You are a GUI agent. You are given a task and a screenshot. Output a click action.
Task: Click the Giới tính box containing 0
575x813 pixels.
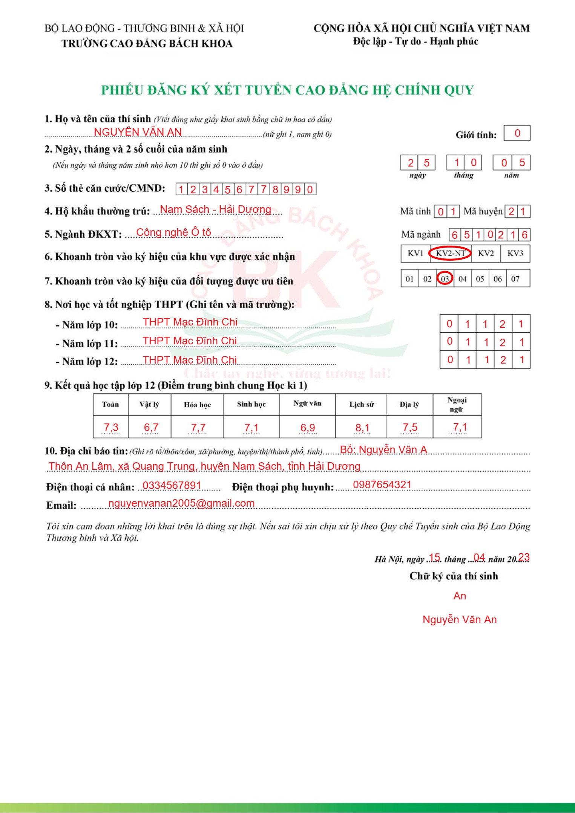(x=517, y=133)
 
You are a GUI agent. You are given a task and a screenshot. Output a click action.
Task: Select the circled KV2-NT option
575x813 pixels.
(x=450, y=253)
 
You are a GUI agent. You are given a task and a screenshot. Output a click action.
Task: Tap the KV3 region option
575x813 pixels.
(x=515, y=253)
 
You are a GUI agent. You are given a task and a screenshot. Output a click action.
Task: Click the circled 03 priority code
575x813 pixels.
(x=445, y=279)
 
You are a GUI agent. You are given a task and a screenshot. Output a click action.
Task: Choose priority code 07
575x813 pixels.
(x=515, y=279)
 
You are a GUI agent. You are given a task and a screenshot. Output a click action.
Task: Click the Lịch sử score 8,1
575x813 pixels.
(x=362, y=428)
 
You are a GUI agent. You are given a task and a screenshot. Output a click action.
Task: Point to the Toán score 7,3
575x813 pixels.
(x=111, y=428)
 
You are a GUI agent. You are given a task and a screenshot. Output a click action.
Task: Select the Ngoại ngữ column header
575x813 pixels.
(x=457, y=405)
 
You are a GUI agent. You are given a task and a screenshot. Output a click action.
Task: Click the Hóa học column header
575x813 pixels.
(x=197, y=405)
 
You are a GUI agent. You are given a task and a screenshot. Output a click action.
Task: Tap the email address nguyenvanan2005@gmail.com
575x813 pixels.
(x=181, y=503)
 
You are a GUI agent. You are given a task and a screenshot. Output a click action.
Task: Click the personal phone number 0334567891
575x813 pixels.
(x=172, y=485)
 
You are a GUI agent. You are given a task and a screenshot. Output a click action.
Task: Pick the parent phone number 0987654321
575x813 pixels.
(x=382, y=485)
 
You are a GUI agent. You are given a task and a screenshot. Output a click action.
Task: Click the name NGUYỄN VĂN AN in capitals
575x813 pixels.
(x=138, y=132)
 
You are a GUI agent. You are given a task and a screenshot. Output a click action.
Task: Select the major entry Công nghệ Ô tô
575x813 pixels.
(x=173, y=232)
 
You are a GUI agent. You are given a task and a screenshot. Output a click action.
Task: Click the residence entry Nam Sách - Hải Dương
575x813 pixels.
(x=215, y=209)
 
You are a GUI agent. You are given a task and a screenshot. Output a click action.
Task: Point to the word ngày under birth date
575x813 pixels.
(x=417, y=176)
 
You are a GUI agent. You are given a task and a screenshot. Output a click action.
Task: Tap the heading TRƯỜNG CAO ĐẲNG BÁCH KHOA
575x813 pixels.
(x=147, y=44)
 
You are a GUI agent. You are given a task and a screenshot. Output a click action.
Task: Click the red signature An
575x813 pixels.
(x=460, y=596)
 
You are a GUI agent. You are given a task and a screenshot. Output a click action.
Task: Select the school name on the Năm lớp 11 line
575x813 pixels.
(x=190, y=341)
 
